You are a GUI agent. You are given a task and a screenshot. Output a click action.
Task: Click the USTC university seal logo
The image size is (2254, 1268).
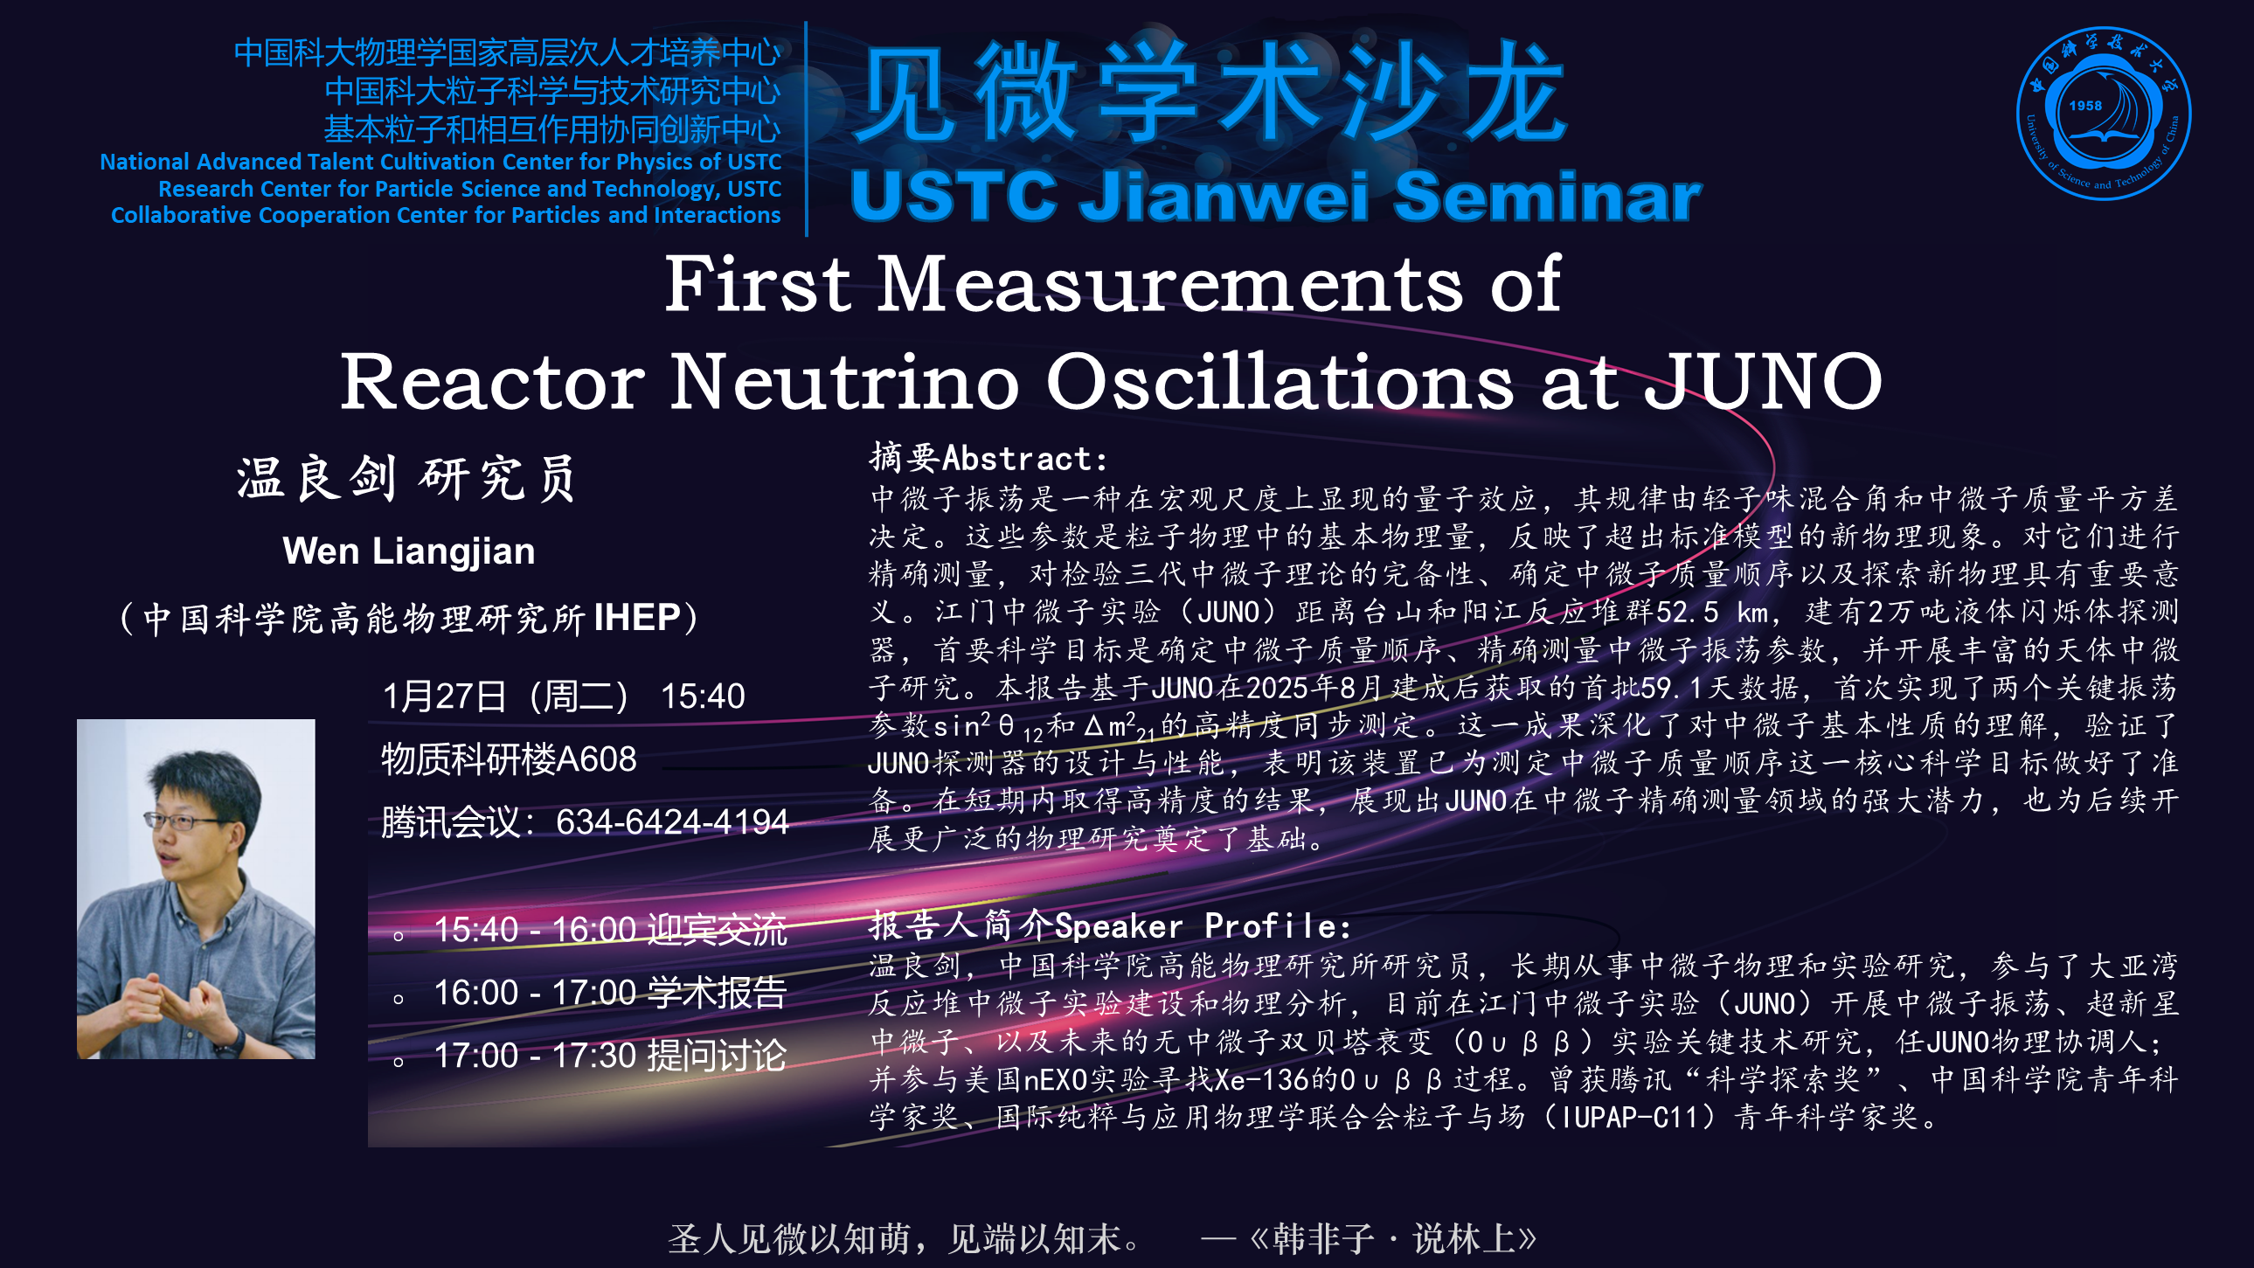(2103, 114)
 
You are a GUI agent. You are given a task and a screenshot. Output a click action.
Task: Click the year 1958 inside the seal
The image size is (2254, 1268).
(2085, 105)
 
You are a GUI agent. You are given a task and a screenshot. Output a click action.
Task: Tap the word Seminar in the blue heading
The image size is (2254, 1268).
(1547, 195)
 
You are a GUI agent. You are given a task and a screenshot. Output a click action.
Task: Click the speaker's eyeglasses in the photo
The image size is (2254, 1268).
(185, 821)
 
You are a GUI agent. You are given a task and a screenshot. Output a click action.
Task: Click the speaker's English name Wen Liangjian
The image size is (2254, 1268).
(409, 551)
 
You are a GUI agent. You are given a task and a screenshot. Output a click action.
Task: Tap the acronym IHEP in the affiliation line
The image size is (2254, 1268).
(637, 618)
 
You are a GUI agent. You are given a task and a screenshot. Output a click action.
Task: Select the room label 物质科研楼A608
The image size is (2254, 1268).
(510, 759)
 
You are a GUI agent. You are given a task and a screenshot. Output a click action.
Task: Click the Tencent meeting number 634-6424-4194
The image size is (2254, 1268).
(672, 821)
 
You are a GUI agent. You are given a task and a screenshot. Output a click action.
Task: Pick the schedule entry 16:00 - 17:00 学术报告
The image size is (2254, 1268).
(610, 993)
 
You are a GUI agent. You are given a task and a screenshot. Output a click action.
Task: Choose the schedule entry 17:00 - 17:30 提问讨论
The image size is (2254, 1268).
(610, 1056)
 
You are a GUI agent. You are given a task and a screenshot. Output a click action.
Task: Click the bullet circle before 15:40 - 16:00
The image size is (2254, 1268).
(399, 936)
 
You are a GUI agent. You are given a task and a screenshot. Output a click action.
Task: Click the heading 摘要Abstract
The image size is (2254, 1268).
(988, 458)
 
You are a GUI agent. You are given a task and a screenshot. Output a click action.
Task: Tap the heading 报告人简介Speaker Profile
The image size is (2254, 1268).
(1109, 925)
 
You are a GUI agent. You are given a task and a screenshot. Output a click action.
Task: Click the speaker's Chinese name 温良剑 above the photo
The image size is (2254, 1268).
(316, 479)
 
